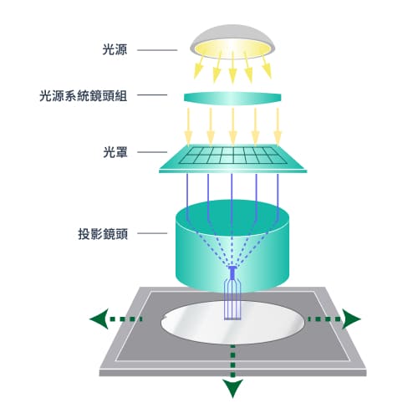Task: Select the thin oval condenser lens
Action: coord(233,97)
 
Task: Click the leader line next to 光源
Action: coord(155,51)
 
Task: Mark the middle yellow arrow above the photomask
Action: coord(232,125)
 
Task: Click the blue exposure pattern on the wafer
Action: coord(233,301)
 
